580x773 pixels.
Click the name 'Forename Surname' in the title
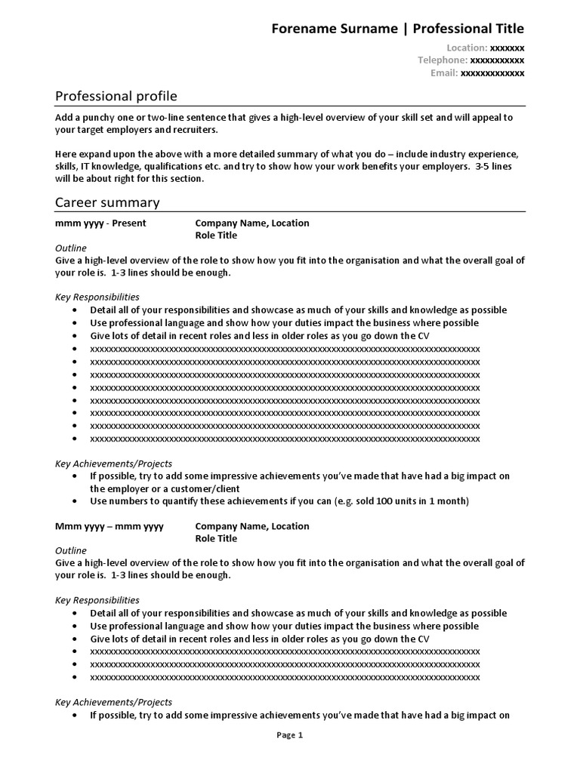(334, 29)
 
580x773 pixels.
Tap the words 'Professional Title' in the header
(467, 29)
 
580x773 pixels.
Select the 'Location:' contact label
(467, 48)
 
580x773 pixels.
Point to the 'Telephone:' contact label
(443, 60)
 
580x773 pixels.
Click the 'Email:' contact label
(444, 73)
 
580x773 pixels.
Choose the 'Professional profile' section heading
(116, 96)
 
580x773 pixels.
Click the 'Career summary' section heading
(107, 202)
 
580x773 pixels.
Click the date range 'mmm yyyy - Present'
(100, 223)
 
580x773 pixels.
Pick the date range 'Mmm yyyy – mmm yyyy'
(109, 526)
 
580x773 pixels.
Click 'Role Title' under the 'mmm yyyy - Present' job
(216, 236)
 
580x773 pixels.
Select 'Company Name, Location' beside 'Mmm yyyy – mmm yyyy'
(252, 526)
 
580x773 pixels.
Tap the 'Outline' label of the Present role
(71, 248)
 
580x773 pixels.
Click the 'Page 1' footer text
(289, 735)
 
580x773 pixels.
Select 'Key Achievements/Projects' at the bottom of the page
(113, 702)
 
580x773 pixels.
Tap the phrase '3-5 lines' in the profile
(489, 167)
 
